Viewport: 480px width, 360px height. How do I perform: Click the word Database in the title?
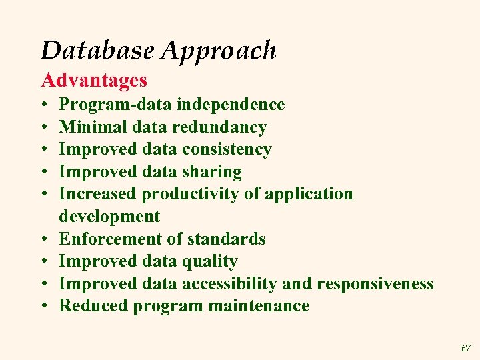(96, 50)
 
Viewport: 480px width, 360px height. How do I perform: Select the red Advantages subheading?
(94, 81)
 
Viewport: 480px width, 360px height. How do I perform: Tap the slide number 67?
(465, 348)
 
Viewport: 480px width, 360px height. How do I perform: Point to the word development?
(109, 217)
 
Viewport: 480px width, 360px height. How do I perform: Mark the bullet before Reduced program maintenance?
(44, 307)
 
